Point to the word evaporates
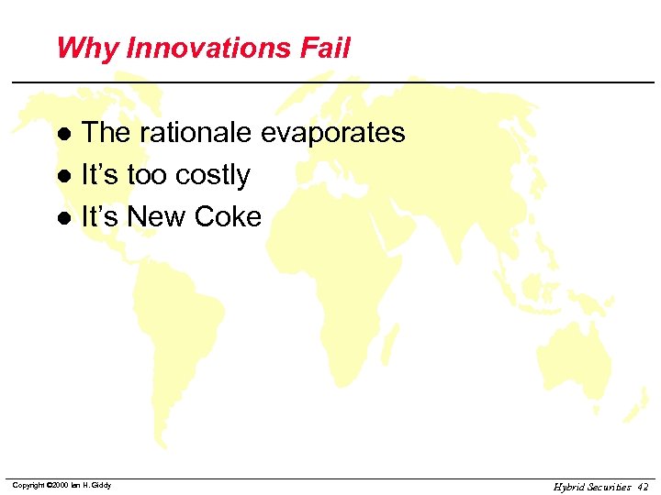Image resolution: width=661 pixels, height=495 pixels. pos(332,134)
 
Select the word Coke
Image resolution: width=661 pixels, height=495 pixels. pos(233,217)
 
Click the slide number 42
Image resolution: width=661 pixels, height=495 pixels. pos(642,487)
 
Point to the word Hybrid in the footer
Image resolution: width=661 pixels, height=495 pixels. pos(568,487)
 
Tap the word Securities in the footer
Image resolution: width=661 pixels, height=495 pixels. pos(609,487)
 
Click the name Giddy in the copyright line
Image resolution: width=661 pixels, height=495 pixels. pos(101,485)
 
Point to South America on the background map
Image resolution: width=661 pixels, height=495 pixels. pos(179,330)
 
